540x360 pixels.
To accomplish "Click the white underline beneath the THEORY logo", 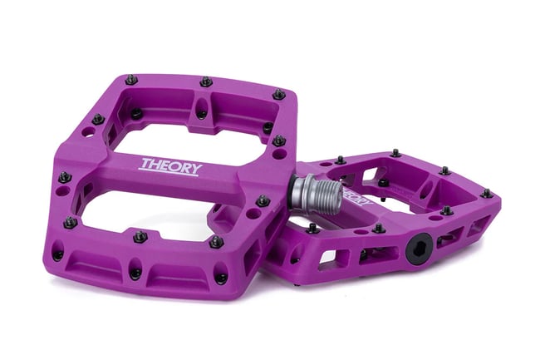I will (x=170, y=174).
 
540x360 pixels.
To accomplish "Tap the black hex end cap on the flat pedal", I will (x=419, y=246).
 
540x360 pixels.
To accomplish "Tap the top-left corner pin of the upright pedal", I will (x=131, y=80).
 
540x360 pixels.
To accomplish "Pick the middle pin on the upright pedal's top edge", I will (x=206, y=81).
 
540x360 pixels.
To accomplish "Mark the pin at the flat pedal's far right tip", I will (x=486, y=193).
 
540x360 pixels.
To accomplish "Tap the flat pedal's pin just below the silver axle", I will (x=312, y=227).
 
